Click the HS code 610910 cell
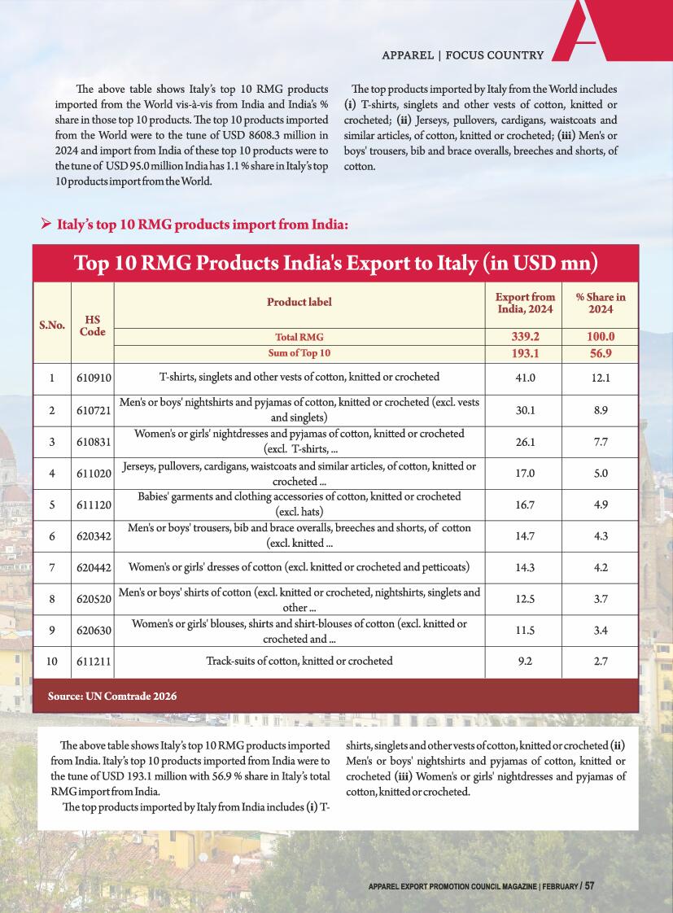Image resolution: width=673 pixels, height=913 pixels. click(x=93, y=378)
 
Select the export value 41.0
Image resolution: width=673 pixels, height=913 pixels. click(x=526, y=378)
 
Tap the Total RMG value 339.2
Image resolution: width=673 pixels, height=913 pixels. click(x=526, y=336)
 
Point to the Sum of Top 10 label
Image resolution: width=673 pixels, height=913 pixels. click(x=299, y=353)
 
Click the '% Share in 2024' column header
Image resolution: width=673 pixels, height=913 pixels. click(x=601, y=303)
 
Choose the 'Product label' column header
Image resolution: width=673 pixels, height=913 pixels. click(x=299, y=302)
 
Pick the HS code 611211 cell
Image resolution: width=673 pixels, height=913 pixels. click(x=93, y=662)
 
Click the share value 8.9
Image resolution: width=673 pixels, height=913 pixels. click(x=601, y=410)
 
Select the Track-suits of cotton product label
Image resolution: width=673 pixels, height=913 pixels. click(x=299, y=661)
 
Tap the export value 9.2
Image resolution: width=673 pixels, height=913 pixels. click(x=526, y=662)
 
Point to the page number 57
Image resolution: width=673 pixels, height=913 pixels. click(x=589, y=885)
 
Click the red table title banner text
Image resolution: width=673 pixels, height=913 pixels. click(x=335, y=264)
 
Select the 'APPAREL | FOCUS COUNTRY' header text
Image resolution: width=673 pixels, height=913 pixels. click(x=462, y=55)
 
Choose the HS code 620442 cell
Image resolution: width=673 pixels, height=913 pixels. click(x=93, y=566)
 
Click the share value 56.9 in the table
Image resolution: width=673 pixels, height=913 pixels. click(x=601, y=353)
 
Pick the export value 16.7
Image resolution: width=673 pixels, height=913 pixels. click(x=526, y=505)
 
